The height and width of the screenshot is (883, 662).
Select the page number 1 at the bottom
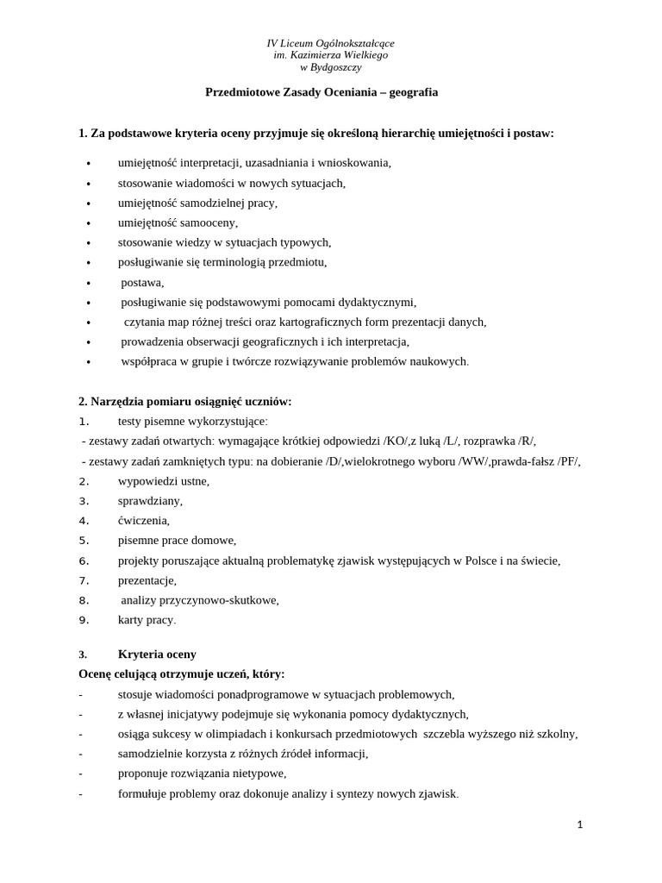coord(580,824)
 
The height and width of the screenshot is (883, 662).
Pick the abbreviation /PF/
coord(568,461)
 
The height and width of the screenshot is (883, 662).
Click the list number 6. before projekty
coord(84,560)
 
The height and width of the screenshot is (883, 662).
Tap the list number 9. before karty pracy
coord(84,620)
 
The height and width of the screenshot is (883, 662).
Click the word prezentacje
coord(147,580)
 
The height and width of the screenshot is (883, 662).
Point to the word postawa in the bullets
coord(141,282)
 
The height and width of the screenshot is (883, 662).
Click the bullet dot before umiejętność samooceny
coord(88,223)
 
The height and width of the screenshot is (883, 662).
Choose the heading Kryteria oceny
coord(157,654)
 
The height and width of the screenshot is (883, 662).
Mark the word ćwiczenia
coord(143,521)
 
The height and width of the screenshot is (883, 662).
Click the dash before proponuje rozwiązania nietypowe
coord(81,773)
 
